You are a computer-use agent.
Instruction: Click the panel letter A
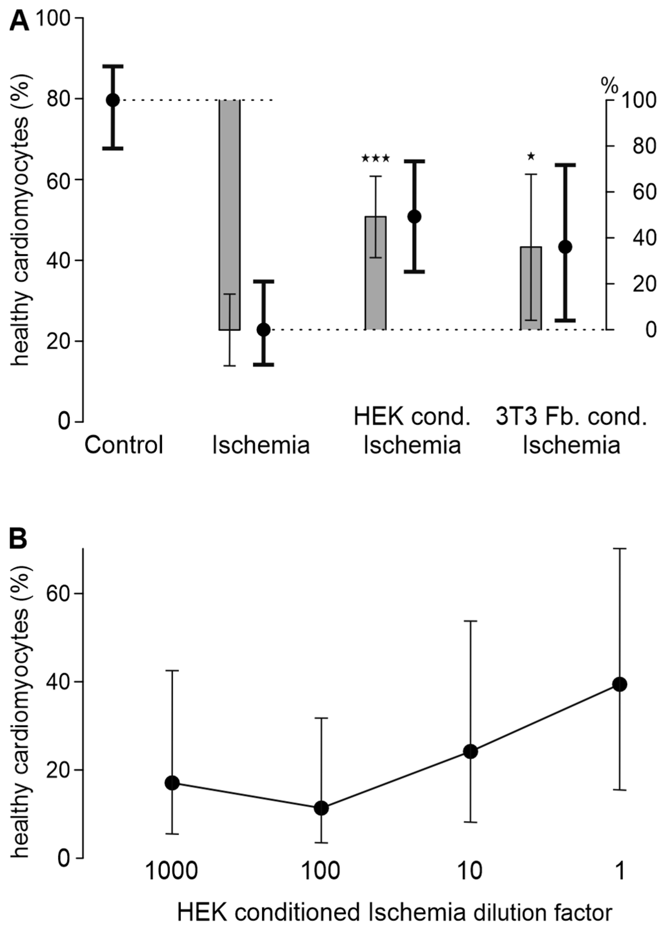(19, 21)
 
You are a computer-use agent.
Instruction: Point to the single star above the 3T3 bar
(531, 156)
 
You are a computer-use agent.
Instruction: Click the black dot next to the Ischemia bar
(264, 329)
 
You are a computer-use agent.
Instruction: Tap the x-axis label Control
(124, 445)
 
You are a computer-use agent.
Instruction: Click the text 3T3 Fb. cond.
(571, 417)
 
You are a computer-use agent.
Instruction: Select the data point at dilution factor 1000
(172, 783)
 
